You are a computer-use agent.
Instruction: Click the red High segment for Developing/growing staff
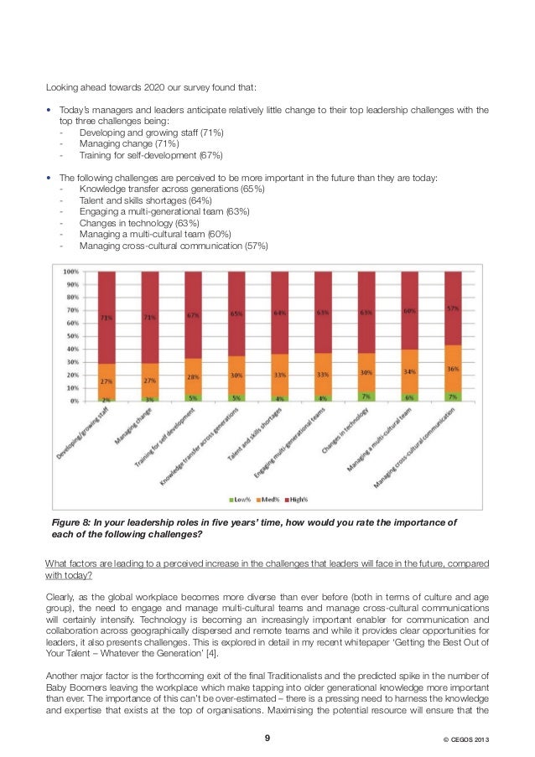pyautogui.click(x=106, y=317)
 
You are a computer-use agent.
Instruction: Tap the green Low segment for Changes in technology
pyautogui.click(x=366, y=396)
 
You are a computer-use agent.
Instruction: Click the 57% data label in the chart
pyautogui.click(x=453, y=308)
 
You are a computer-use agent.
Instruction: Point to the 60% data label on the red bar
pyautogui.click(x=409, y=311)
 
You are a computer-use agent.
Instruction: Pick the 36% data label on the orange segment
pyautogui.click(x=453, y=368)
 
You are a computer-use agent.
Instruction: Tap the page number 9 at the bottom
pyautogui.click(x=267, y=739)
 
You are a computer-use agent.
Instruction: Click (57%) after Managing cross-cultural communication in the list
pyautogui.click(x=251, y=246)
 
